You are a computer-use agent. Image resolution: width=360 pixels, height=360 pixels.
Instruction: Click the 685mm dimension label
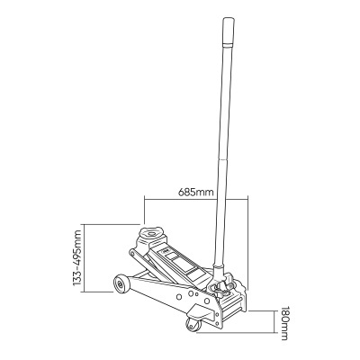pyautogui.click(x=196, y=193)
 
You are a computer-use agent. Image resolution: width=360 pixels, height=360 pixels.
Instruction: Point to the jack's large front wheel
pyautogui.click(x=119, y=286)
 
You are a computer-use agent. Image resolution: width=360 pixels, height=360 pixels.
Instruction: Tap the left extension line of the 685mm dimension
pyautogui.click(x=143, y=212)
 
